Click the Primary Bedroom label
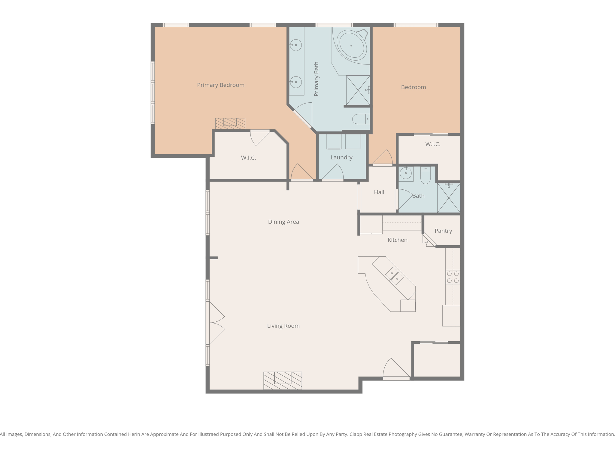click(x=220, y=85)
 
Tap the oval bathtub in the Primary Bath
click(x=351, y=46)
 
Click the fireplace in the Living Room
click(x=283, y=381)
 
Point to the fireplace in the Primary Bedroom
click(x=230, y=123)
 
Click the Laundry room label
click(x=341, y=157)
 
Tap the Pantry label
click(x=443, y=231)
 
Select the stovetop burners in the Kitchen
click(x=453, y=277)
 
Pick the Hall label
click(x=379, y=192)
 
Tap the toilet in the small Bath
click(x=425, y=176)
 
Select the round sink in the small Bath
click(x=406, y=173)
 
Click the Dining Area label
click(x=283, y=222)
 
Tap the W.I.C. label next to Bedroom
click(x=432, y=144)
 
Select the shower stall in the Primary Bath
click(x=358, y=90)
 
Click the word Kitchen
click(x=397, y=240)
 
